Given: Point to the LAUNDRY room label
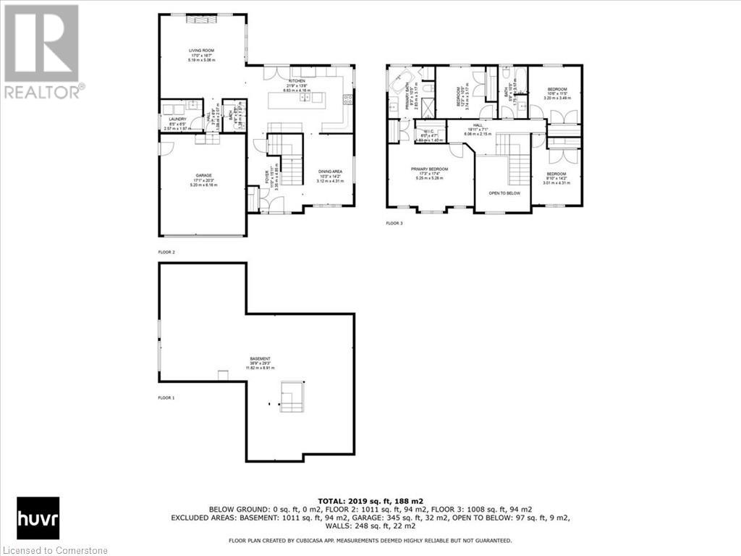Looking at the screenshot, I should [178, 119].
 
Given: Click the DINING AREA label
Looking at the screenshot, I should [329, 172].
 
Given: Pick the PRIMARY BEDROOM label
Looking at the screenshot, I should [430, 169].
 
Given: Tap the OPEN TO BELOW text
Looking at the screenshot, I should [504, 193].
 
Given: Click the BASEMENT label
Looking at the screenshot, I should [261, 359].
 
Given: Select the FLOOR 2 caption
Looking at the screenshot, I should [166, 252].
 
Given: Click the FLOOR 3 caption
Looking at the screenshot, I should [394, 223].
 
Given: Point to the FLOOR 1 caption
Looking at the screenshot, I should [166, 397].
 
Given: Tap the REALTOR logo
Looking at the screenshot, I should [43, 51].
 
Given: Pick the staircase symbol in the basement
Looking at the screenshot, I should [292, 397].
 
